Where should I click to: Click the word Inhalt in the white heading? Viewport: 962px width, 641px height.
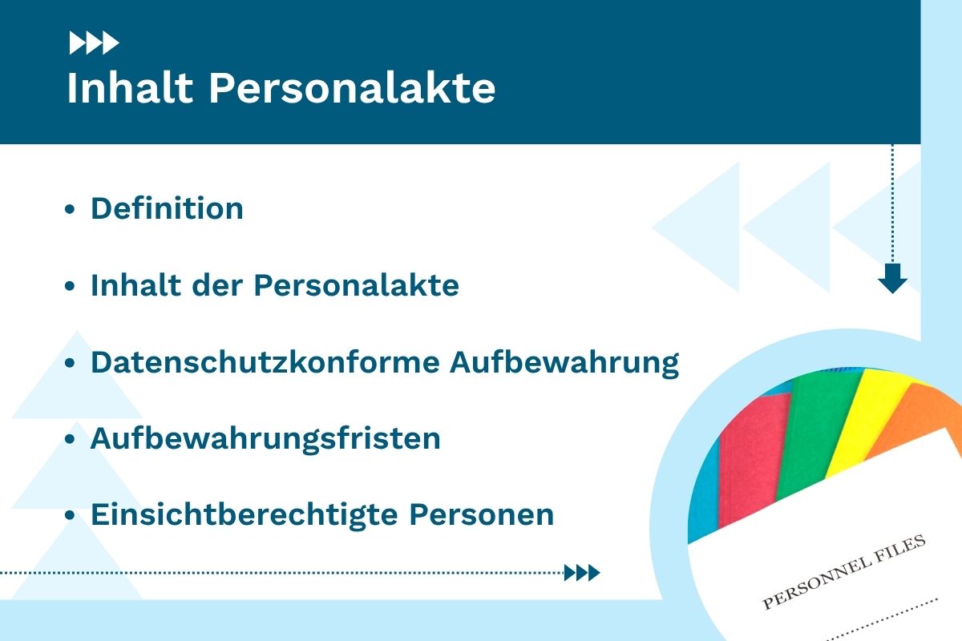point(130,87)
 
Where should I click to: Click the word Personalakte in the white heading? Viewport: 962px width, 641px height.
point(352,87)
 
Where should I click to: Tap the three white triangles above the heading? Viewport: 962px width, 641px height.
point(94,43)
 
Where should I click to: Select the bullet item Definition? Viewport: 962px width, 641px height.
point(167,208)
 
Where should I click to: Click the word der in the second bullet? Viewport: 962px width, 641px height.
point(217,284)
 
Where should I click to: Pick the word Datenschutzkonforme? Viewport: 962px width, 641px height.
point(265,362)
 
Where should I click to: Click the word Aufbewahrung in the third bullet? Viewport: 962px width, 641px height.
point(564,363)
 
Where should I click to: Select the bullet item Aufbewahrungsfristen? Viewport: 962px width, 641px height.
point(265,439)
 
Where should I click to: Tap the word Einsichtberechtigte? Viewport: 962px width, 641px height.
point(245,514)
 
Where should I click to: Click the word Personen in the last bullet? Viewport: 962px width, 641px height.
point(482,514)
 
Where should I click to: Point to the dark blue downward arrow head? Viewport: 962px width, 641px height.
point(892,279)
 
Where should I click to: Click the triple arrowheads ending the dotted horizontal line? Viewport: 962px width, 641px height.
point(582,573)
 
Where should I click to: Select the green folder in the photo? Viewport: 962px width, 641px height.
point(816,433)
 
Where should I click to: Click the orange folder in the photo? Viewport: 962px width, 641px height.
point(915,421)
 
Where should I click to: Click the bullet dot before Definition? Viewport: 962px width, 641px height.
point(70,209)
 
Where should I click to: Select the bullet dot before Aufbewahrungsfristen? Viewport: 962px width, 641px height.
point(70,439)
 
